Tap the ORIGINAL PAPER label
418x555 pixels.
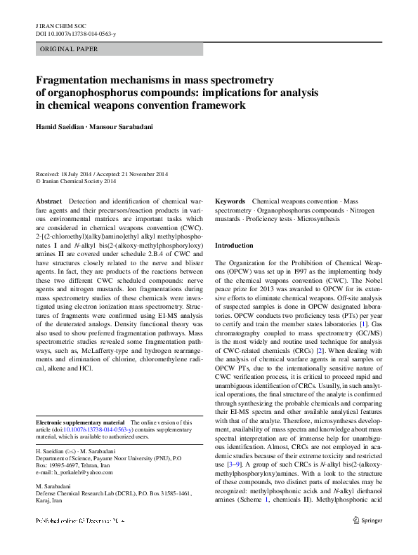click(x=69, y=49)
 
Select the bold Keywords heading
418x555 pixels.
click(x=230, y=201)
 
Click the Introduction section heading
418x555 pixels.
click(x=233, y=246)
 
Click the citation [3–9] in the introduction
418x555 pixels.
click(x=235, y=444)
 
